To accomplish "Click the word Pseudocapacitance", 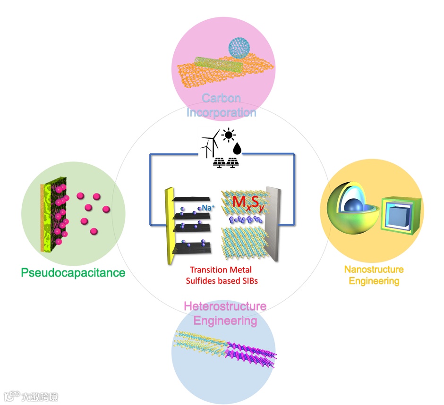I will tap(73, 272).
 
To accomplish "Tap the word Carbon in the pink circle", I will tap(221, 99).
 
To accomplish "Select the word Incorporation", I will tap(221, 112).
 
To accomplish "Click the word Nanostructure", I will tap(374, 270).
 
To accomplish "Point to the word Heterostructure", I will tap(225, 307).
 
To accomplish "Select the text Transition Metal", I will tap(221, 270).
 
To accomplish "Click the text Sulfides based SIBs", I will tap(221, 280).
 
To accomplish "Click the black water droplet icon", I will tap(237, 149).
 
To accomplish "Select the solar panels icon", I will tap(225, 163).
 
